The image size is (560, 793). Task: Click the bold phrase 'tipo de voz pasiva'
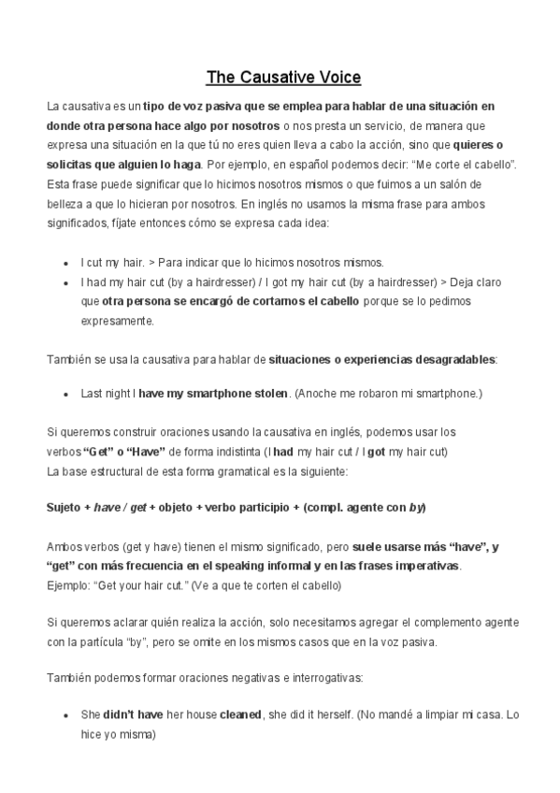(x=188, y=107)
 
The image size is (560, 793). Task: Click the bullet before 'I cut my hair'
(x=65, y=263)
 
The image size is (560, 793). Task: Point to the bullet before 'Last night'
(x=65, y=395)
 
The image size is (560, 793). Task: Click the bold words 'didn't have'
(x=133, y=714)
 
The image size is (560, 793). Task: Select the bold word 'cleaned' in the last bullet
(x=239, y=714)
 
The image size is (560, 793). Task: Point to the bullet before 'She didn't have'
(x=65, y=714)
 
